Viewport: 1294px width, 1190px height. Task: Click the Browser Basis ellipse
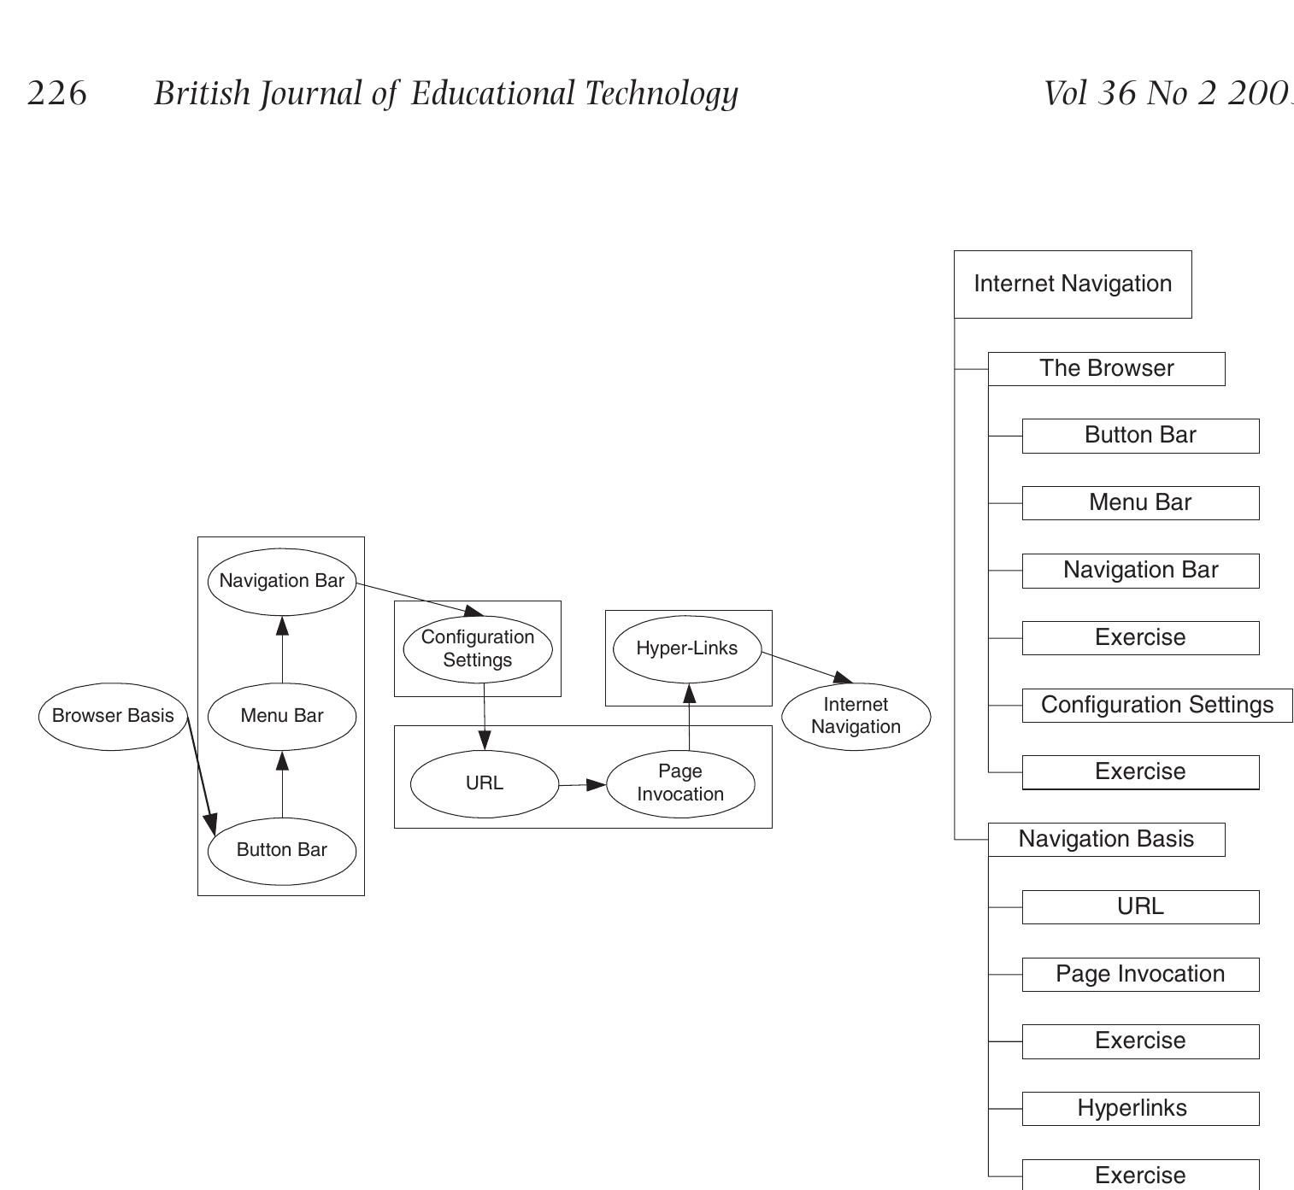point(113,716)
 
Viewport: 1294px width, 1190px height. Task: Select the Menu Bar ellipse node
point(282,716)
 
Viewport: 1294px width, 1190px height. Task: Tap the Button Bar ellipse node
point(282,850)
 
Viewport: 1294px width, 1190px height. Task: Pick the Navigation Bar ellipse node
point(282,581)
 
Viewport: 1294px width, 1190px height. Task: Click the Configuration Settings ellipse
point(478,648)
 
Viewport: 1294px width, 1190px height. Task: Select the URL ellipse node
point(485,783)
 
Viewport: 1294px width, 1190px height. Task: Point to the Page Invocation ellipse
point(680,783)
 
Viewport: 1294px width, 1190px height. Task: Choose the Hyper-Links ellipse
point(687,648)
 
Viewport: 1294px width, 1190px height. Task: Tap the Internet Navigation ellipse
point(856,716)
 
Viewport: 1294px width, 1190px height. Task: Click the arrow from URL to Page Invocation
point(582,784)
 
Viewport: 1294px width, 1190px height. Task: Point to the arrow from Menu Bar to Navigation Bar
point(282,649)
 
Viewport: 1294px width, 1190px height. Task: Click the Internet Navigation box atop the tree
point(1073,284)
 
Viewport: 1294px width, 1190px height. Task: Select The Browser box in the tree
point(1106,369)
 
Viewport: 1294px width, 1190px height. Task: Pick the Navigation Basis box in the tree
point(1106,840)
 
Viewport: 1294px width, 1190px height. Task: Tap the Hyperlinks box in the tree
point(1140,1109)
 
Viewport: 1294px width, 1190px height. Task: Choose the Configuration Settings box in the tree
point(1156,706)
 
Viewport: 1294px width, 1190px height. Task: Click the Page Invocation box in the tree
point(1140,975)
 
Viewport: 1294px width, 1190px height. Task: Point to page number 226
point(57,93)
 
